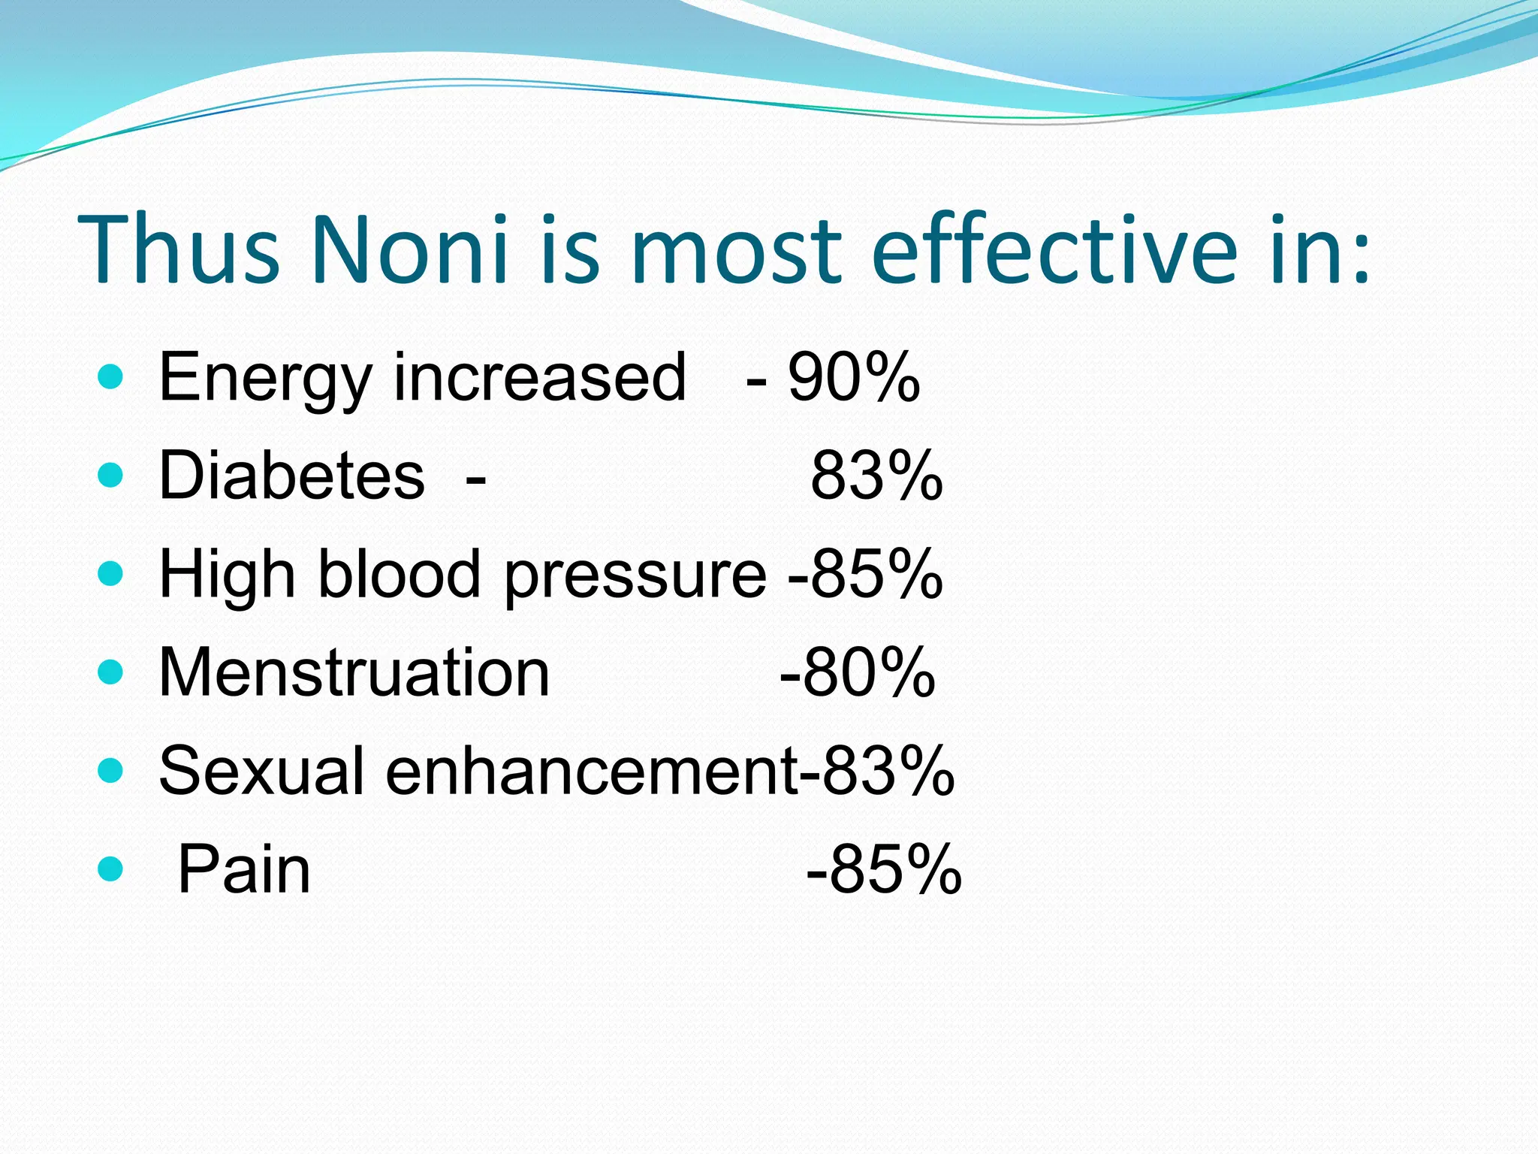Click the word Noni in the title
pyautogui.click(x=409, y=249)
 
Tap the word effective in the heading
pyautogui.click(x=1055, y=249)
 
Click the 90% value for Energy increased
pyautogui.click(x=854, y=378)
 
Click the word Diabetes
pyautogui.click(x=291, y=476)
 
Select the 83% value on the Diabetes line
pyautogui.click(x=876, y=476)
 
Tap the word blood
pyautogui.click(x=399, y=574)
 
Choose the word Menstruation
pyautogui.click(x=354, y=672)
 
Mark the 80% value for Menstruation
pyautogui.click(x=867, y=672)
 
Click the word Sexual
pyautogui.click(x=262, y=771)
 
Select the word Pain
pyautogui.click(x=243, y=870)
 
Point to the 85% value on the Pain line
pyautogui.click(x=894, y=870)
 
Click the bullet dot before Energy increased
pyautogui.click(x=110, y=377)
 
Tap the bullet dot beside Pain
pyautogui.click(x=110, y=869)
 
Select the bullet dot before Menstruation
pyautogui.click(x=110, y=672)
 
